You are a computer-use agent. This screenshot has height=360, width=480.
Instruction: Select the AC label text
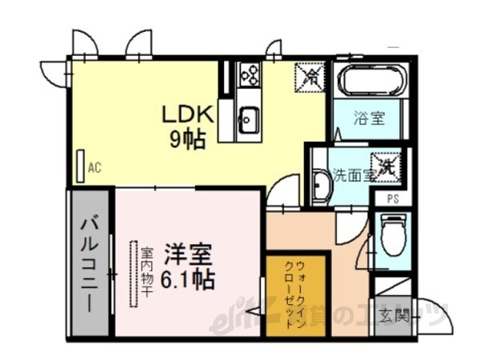[94, 168]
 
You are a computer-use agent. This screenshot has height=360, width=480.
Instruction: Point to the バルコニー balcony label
[89, 264]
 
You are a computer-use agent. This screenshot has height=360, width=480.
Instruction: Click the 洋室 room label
[188, 258]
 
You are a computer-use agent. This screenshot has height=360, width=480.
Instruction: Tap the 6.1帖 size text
[188, 281]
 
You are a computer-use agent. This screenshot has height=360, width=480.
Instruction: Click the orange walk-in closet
[296, 297]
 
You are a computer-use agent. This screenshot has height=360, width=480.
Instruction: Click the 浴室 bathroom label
[370, 119]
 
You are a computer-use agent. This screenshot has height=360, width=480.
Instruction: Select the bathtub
[373, 82]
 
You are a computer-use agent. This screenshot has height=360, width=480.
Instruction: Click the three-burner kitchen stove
[249, 75]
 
